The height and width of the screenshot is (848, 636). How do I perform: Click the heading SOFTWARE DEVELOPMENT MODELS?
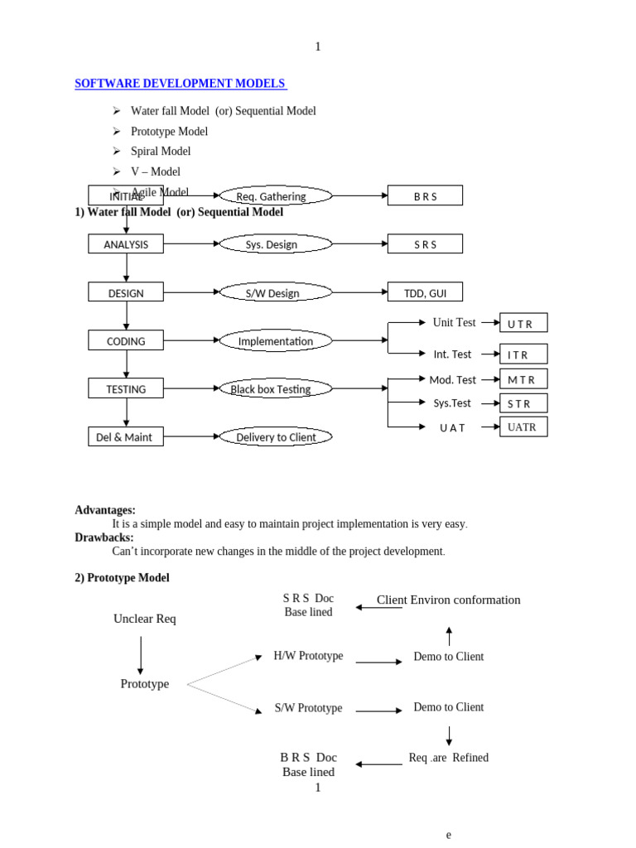pyautogui.click(x=181, y=84)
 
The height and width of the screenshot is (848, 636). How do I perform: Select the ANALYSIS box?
pyautogui.click(x=126, y=244)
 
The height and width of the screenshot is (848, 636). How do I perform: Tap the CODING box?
pyautogui.click(x=126, y=340)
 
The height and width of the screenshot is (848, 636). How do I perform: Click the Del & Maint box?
pyautogui.click(x=126, y=436)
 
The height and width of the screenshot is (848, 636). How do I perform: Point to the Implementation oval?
pyautogui.click(x=275, y=340)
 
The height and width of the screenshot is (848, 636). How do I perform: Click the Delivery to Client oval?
pyautogui.click(x=275, y=436)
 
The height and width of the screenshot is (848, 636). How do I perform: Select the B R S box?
pyautogui.click(x=425, y=196)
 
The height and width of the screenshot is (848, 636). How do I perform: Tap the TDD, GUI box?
pyautogui.click(x=425, y=292)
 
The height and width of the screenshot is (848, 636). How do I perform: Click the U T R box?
pyautogui.click(x=523, y=323)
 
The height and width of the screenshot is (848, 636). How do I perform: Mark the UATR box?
pyautogui.click(x=523, y=426)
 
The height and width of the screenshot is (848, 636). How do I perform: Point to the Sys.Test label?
pyautogui.click(x=452, y=403)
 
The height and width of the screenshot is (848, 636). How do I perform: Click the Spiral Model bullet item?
pyautogui.click(x=161, y=152)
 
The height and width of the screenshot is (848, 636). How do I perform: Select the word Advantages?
pyautogui.click(x=105, y=510)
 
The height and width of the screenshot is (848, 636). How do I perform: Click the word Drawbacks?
pyautogui.click(x=104, y=537)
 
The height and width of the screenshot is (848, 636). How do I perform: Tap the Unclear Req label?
pyautogui.click(x=145, y=619)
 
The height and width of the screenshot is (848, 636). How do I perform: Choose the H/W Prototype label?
pyautogui.click(x=308, y=656)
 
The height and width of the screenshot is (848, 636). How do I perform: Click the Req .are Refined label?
pyautogui.click(x=448, y=758)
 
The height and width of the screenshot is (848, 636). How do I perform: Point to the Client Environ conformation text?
pyautogui.click(x=448, y=600)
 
